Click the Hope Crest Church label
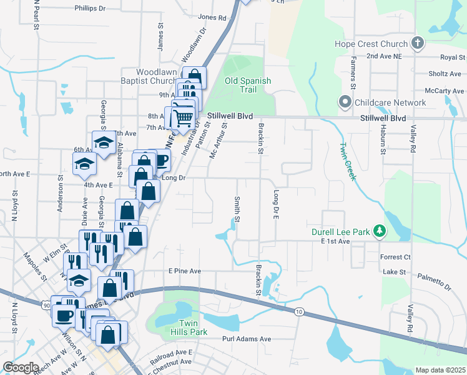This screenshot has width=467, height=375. pyautogui.click(x=370, y=44)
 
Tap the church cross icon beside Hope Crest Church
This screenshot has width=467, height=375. pyautogui.click(x=418, y=43)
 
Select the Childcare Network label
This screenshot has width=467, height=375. pyautogui.click(x=390, y=102)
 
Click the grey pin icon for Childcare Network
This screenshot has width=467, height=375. pyautogui.click(x=344, y=102)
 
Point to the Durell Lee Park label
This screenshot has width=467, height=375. pyautogui.click(x=341, y=232)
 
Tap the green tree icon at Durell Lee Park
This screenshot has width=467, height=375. pyautogui.click(x=378, y=232)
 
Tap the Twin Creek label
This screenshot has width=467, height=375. pyautogui.click(x=347, y=161)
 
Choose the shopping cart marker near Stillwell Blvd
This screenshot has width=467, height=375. pyautogui.click(x=182, y=117)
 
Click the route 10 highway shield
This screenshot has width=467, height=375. pyautogui.click(x=300, y=312)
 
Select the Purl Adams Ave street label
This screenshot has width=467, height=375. pyautogui.click(x=247, y=339)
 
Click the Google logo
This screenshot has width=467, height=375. pyautogui.click(x=21, y=367)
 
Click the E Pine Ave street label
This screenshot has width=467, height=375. pyautogui.click(x=184, y=271)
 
